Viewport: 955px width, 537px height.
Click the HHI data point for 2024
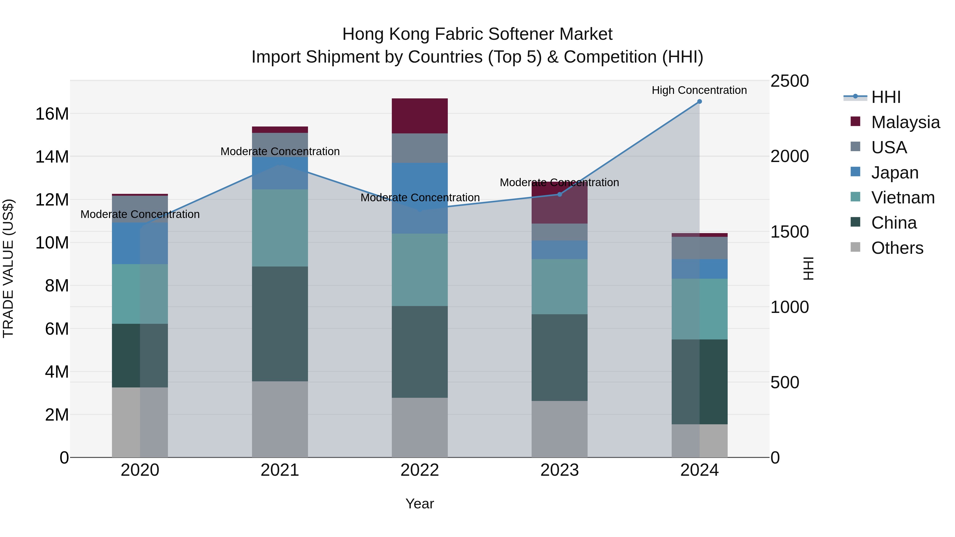click(x=699, y=102)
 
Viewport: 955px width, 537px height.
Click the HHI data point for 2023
click(x=559, y=194)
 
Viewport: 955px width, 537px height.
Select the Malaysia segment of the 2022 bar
click(x=420, y=116)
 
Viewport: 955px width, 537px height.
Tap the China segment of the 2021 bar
click(x=280, y=324)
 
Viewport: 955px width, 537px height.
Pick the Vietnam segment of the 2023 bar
click(x=559, y=286)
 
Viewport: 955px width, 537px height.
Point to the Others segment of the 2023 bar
click(x=559, y=429)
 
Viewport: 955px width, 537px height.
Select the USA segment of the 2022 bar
click(x=420, y=148)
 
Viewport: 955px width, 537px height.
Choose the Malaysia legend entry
click(x=905, y=122)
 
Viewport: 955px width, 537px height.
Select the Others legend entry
click(x=897, y=248)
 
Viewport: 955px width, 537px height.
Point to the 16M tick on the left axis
click(x=52, y=114)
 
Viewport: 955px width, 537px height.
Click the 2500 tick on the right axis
click(x=789, y=81)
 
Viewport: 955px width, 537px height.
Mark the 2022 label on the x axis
click(x=420, y=470)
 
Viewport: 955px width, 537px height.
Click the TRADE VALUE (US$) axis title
click(x=8, y=268)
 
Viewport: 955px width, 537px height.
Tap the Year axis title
click(x=419, y=504)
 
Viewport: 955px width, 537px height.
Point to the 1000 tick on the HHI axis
click(x=789, y=307)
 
